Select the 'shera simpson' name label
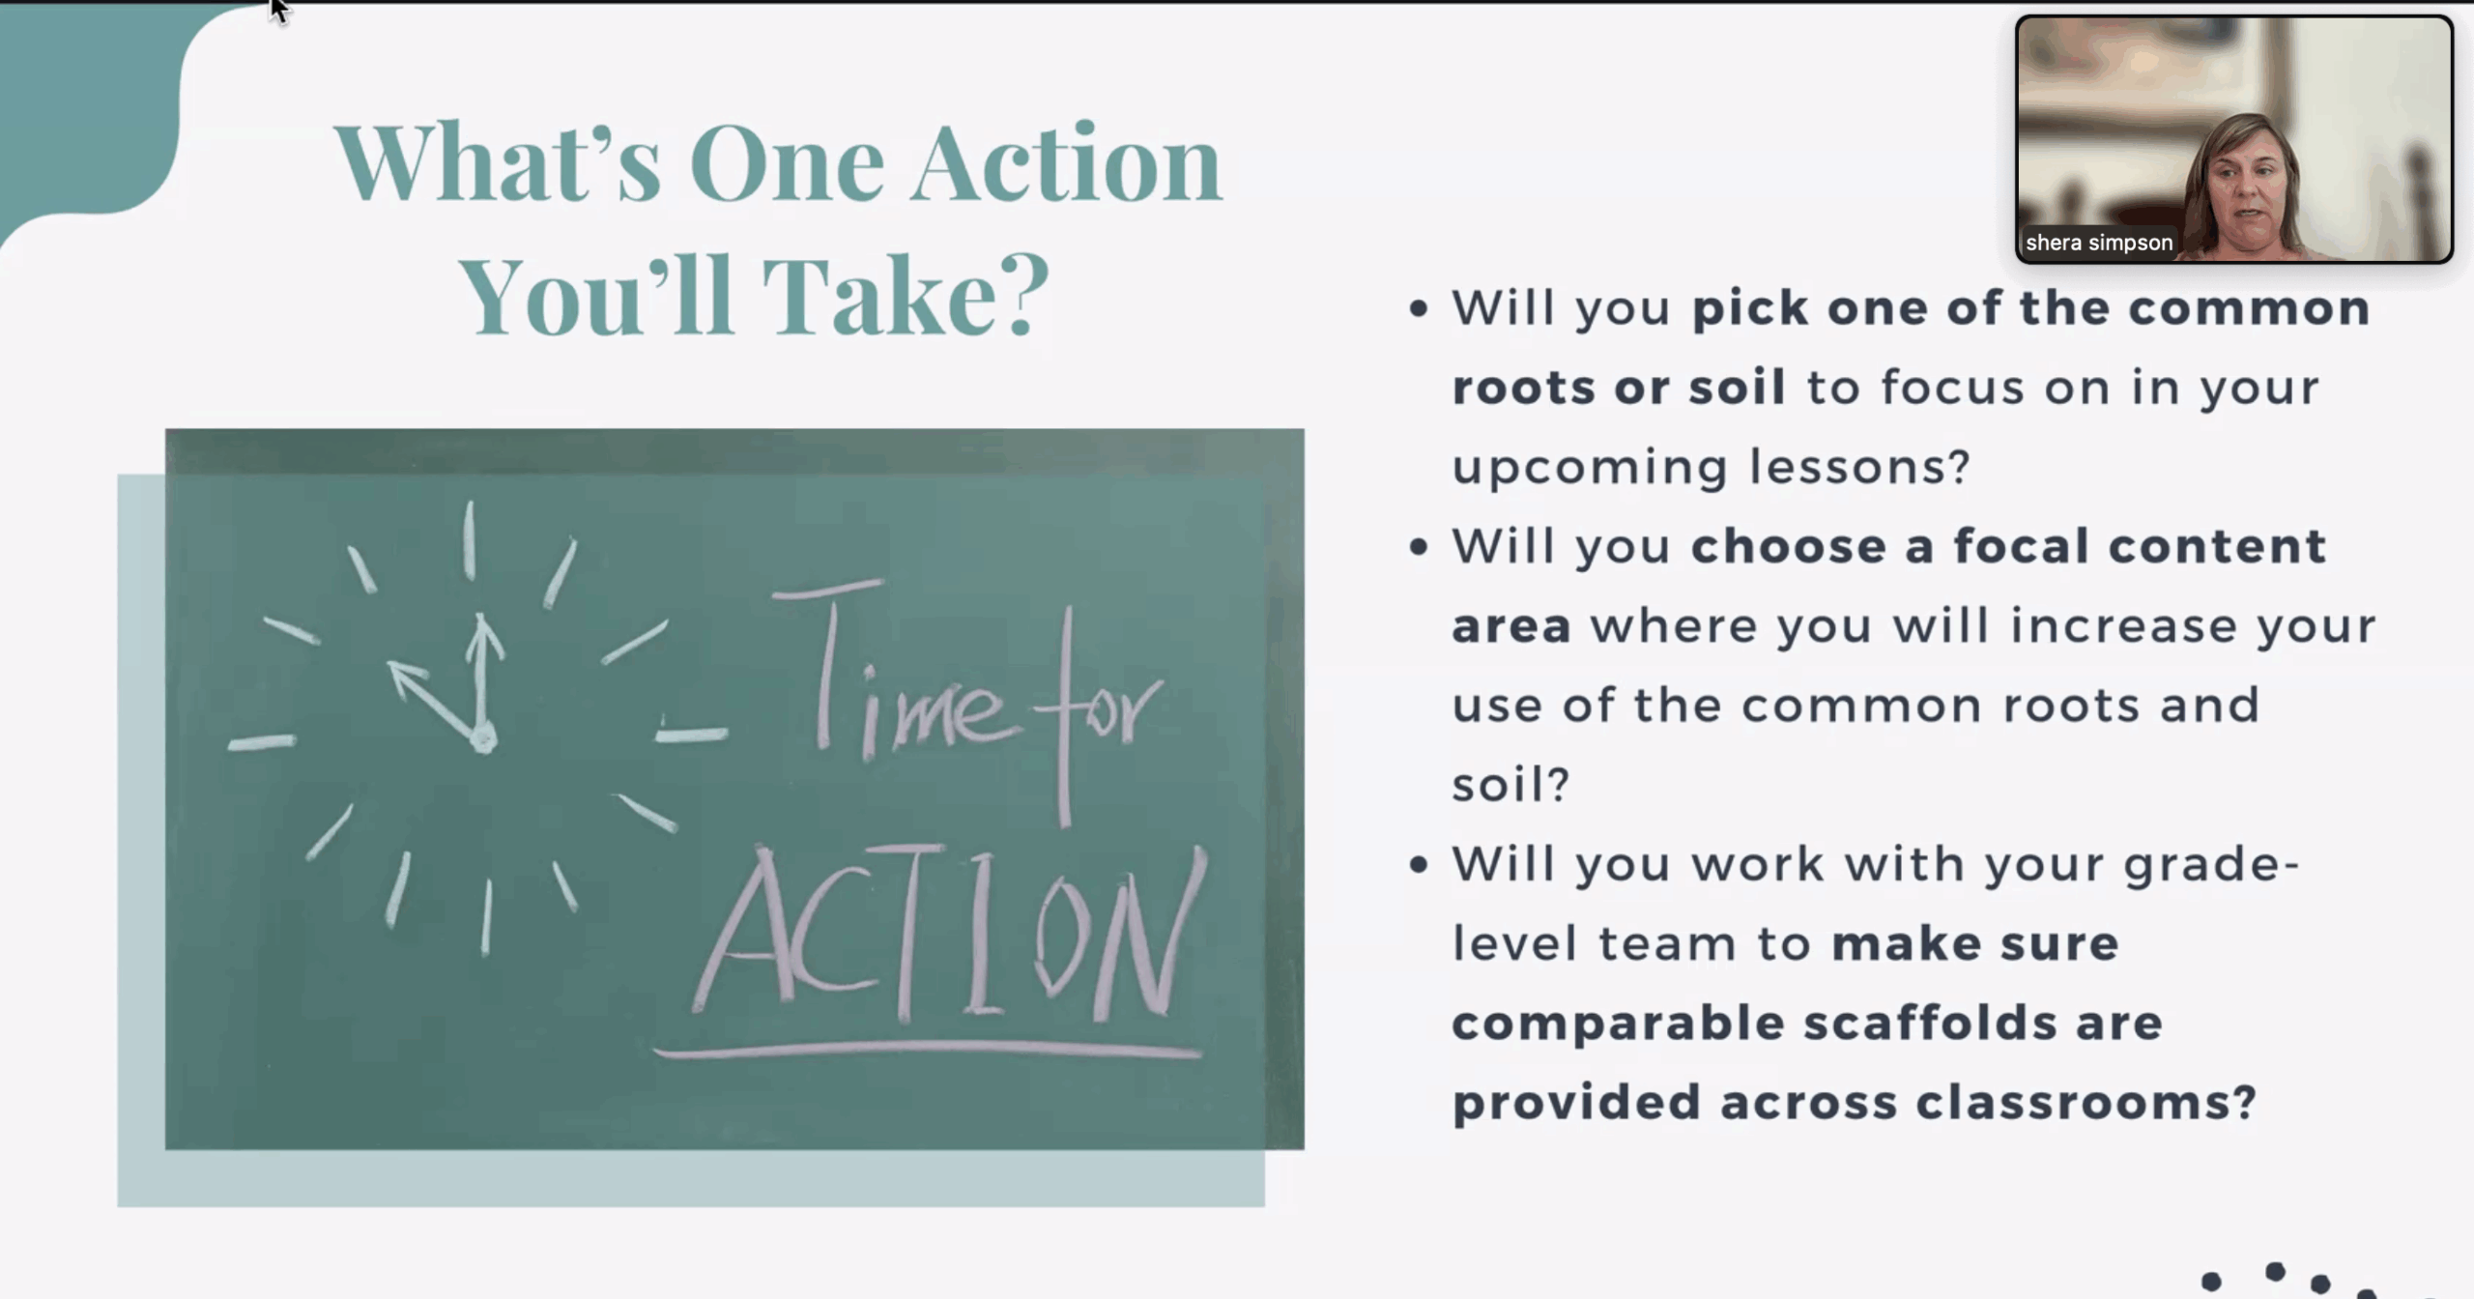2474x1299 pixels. [2099, 243]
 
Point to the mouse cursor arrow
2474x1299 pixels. [279, 11]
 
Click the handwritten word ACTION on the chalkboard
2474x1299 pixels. [952, 934]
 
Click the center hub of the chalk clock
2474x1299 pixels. [483, 740]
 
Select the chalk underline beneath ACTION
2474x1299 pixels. [928, 1050]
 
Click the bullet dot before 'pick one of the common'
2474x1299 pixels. [1419, 309]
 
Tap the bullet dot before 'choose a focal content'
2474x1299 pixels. [1419, 547]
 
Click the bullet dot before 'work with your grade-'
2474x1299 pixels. [1419, 864]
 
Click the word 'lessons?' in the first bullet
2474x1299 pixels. [1860, 467]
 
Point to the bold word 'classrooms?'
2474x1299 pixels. [2086, 1103]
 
